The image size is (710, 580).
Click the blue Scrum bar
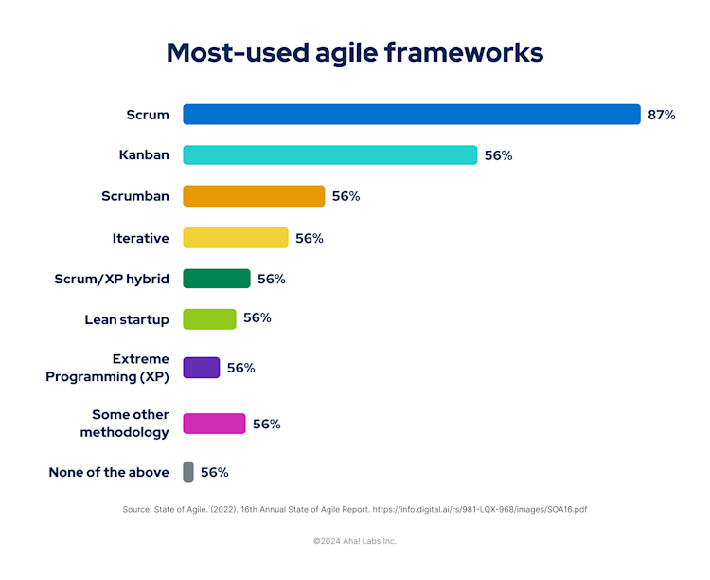pos(412,115)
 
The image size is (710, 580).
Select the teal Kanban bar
pos(329,155)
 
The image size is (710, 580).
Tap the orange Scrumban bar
pos(254,196)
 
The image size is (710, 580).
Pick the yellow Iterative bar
pos(235,238)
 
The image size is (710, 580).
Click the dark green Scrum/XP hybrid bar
pos(216,279)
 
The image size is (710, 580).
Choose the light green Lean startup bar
pos(209,318)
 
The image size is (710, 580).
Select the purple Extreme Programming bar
pos(201,368)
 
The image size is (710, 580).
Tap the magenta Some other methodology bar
pos(214,424)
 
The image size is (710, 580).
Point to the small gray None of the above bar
pos(188,471)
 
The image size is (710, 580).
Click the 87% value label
pos(662,115)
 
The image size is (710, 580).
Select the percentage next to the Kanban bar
pos(498,155)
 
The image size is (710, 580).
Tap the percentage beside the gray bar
pos(214,472)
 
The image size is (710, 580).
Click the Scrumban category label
pos(135,196)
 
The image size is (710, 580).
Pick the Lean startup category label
pos(127,319)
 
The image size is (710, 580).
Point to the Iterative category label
pos(140,238)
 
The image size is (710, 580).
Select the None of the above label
pos(109,472)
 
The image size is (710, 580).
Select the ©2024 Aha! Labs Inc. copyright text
pos(355,541)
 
